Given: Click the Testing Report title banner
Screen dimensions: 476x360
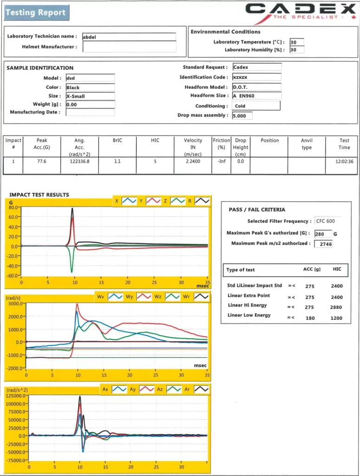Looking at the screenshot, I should pos(36,13).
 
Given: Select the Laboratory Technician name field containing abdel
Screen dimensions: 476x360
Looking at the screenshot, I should pos(129,37).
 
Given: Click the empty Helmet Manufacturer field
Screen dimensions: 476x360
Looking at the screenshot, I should pos(129,47).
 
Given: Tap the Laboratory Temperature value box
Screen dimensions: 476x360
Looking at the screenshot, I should pos(296,42).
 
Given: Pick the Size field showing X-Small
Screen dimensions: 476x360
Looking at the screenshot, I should pos(90,96).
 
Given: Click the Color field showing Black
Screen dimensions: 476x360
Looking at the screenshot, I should pos(90,87).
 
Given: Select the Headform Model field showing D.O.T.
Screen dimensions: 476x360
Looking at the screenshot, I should pos(256,87).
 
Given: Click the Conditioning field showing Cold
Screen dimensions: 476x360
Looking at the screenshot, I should pos(256,106).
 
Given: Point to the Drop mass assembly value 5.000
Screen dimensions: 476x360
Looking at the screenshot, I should pos(242,116).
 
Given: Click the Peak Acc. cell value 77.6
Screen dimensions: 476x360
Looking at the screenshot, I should pos(42,162).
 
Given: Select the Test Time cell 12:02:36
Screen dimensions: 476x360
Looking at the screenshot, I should pos(344,162).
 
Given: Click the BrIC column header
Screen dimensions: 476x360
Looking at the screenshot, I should pos(118,140).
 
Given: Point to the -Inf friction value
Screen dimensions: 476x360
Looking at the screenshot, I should pos(221,162).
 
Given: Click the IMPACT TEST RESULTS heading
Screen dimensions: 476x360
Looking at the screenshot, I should pos(39,195).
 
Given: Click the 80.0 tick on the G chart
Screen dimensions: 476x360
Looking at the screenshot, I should pos(13,207).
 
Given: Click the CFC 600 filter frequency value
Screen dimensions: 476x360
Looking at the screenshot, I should pos(325,221).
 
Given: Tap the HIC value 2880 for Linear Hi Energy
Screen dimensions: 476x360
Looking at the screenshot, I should pos(336,307).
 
